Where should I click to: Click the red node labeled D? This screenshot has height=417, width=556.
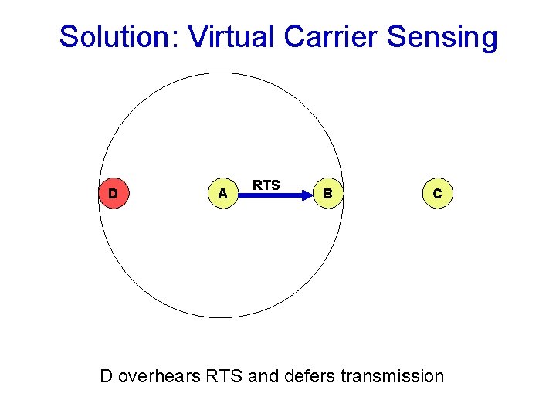point(114,193)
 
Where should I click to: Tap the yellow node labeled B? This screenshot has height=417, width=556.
point(329,194)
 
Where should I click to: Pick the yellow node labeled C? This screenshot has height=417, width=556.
point(437,194)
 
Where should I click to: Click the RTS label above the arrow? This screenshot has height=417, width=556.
point(266,185)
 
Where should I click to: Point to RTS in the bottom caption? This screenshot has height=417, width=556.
point(224,376)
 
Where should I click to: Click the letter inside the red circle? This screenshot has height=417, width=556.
point(114,193)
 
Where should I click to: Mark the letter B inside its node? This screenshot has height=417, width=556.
point(329,194)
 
